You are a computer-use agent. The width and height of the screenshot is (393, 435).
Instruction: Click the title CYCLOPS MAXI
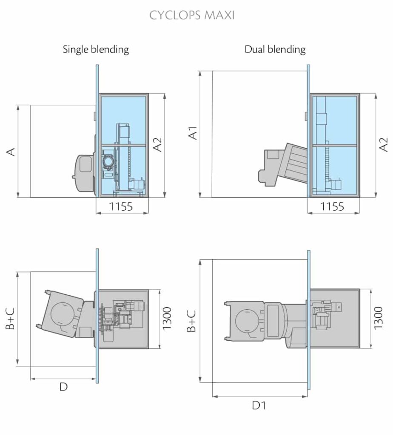point(191,16)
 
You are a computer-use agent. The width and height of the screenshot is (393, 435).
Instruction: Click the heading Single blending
point(96,49)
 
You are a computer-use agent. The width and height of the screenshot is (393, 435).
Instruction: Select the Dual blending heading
point(275,49)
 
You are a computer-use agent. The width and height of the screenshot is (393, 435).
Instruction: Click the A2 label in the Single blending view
point(157,144)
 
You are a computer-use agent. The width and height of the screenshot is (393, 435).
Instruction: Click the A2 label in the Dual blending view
point(383,144)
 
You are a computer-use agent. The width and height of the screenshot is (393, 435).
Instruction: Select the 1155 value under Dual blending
point(332,207)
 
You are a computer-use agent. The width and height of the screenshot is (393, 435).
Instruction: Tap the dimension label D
point(63,387)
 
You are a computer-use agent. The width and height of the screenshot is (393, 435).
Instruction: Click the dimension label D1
point(259,406)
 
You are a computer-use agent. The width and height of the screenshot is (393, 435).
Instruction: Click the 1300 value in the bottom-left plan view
point(167,318)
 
